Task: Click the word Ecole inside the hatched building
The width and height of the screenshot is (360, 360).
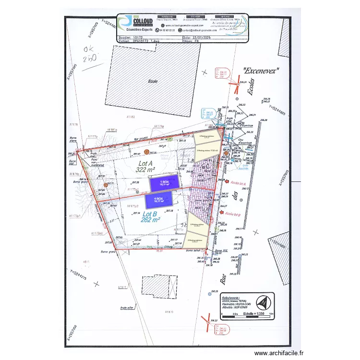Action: click(153, 81)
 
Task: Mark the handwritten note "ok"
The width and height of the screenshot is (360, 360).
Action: click(89, 49)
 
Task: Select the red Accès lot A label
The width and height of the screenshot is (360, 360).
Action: click(238, 183)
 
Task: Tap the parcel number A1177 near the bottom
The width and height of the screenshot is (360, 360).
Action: click(121, 287)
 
